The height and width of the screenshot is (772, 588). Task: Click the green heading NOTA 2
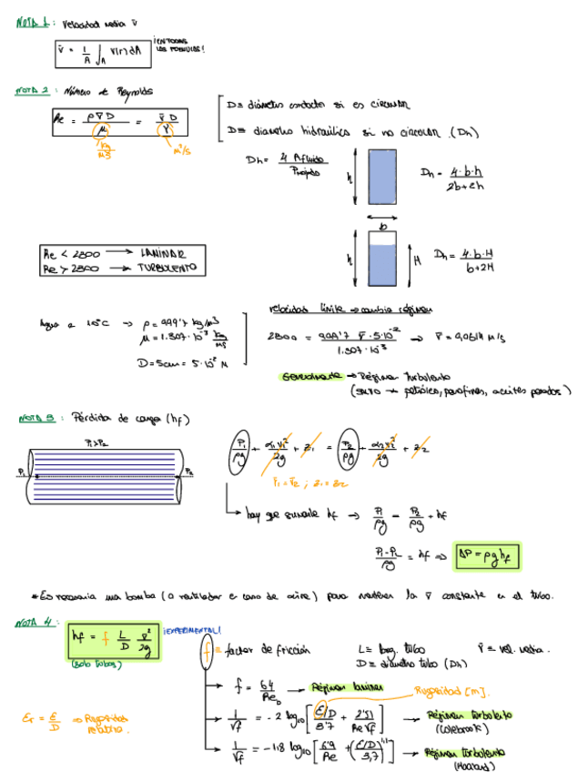point(33,91)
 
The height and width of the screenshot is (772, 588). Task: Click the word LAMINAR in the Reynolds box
point(163,252)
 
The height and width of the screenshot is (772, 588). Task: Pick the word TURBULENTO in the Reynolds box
point(167,268)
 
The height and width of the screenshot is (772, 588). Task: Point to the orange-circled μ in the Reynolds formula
point(103,130)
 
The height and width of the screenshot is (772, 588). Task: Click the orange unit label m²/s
point(181,151)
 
